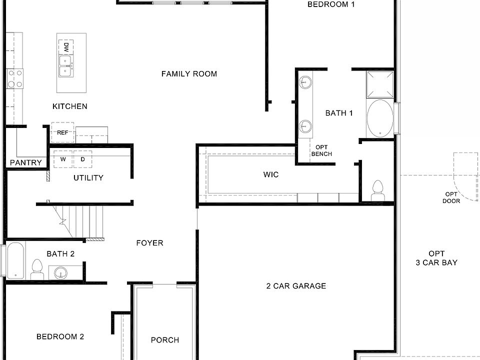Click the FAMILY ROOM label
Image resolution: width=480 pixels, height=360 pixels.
(189, 74)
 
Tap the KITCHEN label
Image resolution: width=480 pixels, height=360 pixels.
(69, 106)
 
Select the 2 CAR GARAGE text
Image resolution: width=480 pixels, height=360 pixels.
(296, 286)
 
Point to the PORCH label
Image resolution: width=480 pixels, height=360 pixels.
(165, 340)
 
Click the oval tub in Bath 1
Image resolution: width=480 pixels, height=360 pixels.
(380, 118)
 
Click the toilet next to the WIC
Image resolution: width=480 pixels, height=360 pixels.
(377, 190)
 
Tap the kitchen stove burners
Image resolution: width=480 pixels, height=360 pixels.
(14, 79)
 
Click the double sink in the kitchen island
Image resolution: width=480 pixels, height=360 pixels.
(65, 66)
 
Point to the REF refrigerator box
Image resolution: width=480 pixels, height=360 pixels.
(62, 132)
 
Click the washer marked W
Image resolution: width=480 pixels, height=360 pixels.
(63, 159)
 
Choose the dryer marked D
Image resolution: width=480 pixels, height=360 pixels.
(83, 159)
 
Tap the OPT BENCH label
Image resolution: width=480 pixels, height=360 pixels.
(321, 150)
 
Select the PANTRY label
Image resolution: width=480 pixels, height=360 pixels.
(26, 162)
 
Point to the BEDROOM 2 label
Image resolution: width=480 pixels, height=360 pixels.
(60, 336)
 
